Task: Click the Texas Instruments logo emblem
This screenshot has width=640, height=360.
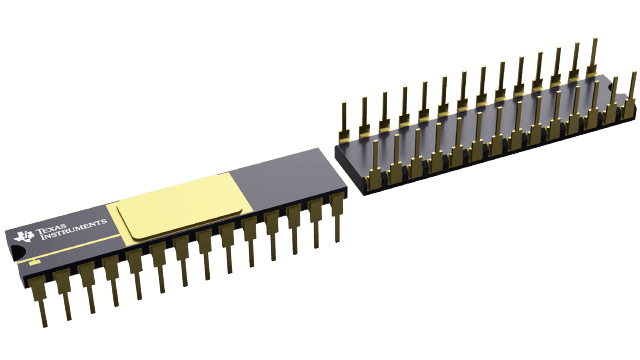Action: (x=24, y=236)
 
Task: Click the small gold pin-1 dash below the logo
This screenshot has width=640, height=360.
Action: (x=36, y=261)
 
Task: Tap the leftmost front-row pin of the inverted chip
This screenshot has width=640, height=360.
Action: (x=374, y=170)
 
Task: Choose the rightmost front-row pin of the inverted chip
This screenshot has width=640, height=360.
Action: (x=630, y=100)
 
